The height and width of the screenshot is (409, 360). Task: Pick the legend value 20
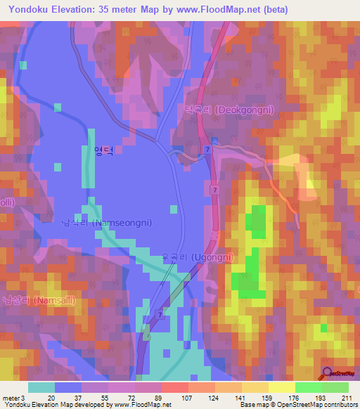point(51,397)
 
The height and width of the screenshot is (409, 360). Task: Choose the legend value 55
point(105,397)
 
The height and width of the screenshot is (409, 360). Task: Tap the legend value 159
point(266,397)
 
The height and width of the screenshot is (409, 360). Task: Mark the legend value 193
point(321,397)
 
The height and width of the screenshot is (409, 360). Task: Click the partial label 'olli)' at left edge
point(7,202)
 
